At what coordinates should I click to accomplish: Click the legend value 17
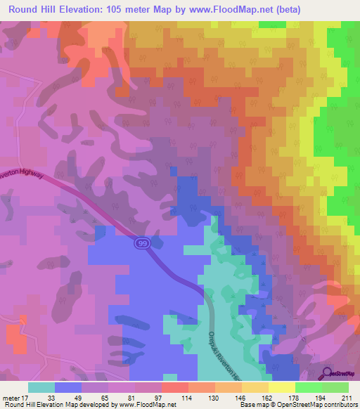tap(25, 397)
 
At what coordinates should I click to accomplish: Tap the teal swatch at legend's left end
tap(41, 387)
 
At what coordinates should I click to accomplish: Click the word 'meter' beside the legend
tap(10, 397)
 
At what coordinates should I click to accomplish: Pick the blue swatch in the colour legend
tap(67, 387)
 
